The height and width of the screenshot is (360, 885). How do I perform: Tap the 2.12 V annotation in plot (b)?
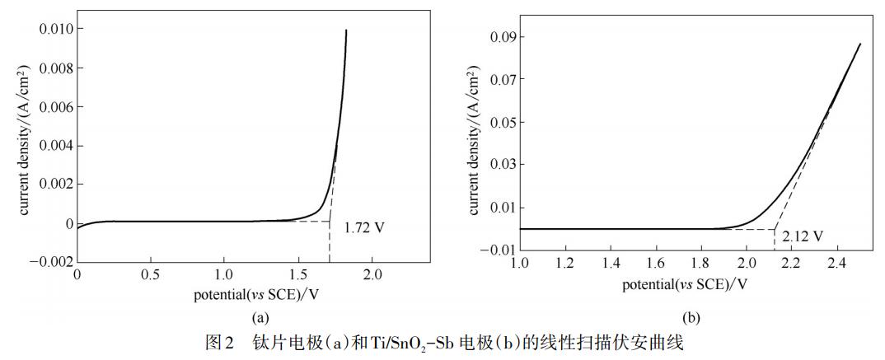pyautogui.click(x=803, y=236)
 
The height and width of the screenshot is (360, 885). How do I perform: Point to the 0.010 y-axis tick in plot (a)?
pyautogui.click(x=56, y=29)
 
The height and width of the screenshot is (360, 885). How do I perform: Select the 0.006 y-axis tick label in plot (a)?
pyautogui.click(x=56, y=107)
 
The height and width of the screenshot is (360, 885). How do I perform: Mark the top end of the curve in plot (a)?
pyautogui.click(x=346, y=30)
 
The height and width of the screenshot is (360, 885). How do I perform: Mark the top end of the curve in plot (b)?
pyautogui.click(x=860, y=44)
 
